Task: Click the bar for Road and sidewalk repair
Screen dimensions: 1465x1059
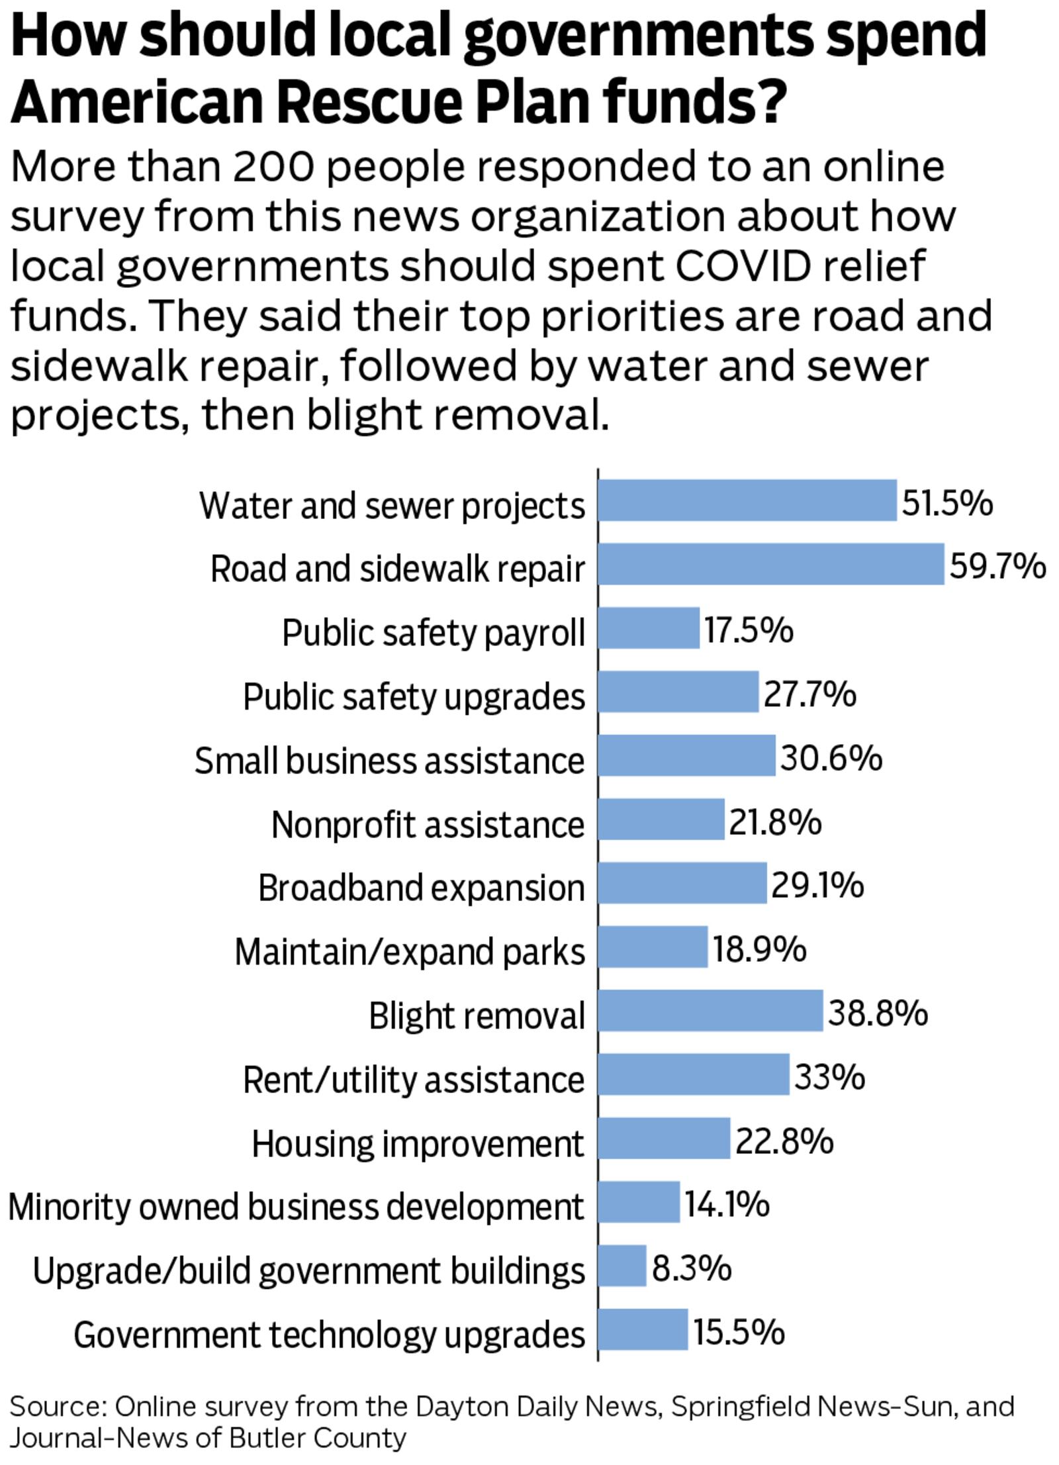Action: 770,564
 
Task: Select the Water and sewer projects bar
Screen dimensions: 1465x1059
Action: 747,500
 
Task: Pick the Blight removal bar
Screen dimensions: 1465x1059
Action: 710,1011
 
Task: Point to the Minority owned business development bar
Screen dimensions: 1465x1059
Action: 638,1202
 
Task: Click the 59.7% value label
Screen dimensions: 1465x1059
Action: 997,566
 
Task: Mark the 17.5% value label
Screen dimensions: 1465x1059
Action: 748,630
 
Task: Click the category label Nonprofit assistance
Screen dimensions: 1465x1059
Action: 428,824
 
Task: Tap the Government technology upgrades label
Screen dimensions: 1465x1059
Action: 329,1333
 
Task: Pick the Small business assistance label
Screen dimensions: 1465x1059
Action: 389,760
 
